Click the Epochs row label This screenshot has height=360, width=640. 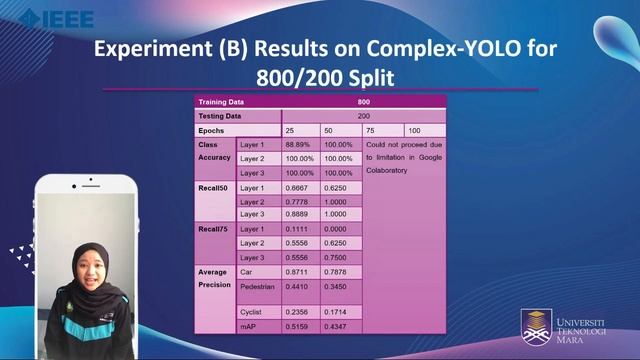[211, 131]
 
